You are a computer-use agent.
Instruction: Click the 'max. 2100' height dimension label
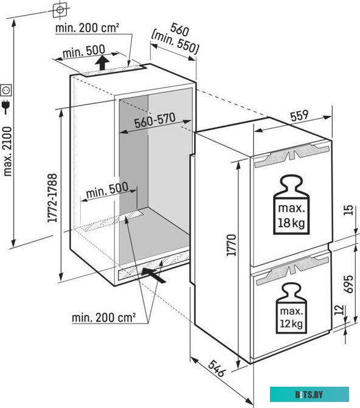[7, 151]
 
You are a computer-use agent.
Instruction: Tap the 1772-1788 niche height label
[52, 198]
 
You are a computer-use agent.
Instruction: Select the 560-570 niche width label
[155, 120]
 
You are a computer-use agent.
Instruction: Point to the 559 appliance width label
[299, 116]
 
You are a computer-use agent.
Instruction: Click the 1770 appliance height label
[231, 245]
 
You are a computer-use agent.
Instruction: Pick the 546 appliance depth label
[216, 368]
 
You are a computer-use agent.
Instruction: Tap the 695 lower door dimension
[349, 284]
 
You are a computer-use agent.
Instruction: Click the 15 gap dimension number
[349, 210]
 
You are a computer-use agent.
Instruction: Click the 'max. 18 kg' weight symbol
[291, 204]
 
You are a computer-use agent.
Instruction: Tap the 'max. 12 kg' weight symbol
[291, 309]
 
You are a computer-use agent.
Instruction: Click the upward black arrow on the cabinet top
[102, 63]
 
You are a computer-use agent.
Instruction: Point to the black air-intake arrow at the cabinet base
[154, 275]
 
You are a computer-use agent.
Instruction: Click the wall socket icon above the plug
[6, 90]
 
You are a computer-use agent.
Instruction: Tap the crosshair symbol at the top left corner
[60, 10]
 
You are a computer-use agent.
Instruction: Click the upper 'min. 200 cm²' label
[87, 28]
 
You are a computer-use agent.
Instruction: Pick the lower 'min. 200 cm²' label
[103, 317]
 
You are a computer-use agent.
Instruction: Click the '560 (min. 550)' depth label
[176, 38]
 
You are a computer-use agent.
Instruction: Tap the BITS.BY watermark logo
[310, 395]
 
